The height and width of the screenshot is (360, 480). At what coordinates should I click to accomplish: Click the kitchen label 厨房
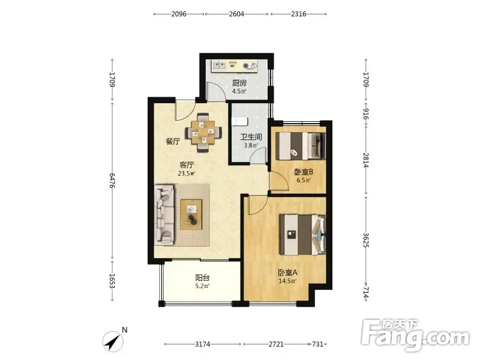click(x=239, y=83)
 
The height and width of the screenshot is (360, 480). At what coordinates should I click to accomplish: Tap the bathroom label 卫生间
click(x=251, y=137)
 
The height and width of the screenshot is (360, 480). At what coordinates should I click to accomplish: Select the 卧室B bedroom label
click(x=304, y=172)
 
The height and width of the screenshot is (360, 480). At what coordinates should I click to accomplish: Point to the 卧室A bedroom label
click(x=287, y=272)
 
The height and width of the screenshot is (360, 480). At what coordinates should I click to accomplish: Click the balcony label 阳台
click(x=202, y=278)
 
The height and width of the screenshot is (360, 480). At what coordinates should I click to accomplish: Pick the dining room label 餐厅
click(x=173, y=141)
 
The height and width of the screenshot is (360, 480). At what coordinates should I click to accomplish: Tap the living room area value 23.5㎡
click(x=187, y=173)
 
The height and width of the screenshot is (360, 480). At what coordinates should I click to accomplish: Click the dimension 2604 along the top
click(x=236, y=14)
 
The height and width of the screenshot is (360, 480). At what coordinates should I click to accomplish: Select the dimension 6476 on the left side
click(x=112, y=181)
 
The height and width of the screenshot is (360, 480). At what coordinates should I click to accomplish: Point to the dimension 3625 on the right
click(x=366, y=241)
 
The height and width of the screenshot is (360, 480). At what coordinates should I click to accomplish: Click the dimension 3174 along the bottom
click(x=203, y=344)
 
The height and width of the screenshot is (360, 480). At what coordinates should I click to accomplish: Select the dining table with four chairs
click(x=203, y=133)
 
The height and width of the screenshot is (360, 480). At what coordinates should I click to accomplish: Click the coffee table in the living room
click(x=191, y=214)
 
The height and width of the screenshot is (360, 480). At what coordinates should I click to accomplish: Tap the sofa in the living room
click(x=164, y=215)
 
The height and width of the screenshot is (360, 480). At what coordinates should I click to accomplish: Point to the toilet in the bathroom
click(x=239, y=121)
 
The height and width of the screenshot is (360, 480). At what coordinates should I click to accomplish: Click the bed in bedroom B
click(x=301, y=146)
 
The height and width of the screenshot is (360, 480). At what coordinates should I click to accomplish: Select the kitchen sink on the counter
click(x=219, y=65)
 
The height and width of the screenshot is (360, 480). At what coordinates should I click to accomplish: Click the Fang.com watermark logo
click(x=415, y=336)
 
